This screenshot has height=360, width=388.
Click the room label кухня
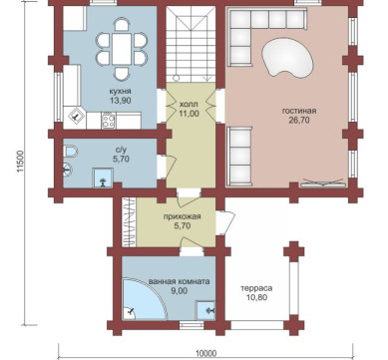tap(120, 91)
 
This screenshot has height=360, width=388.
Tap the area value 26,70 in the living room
tap(299, 120)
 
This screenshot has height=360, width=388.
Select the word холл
tap(189, 104)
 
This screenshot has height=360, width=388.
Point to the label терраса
tap(256, 288)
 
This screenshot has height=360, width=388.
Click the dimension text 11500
tap(20, 163)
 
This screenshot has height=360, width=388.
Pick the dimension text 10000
tap(205, 354)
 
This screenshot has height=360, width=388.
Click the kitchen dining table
tap(122, 50)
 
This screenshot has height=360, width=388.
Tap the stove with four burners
tap(109, 121)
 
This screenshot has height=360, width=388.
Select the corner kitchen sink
tap(75, 116)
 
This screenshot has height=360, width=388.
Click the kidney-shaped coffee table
tap(287, 57)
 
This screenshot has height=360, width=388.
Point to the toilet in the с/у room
tap(70, 152)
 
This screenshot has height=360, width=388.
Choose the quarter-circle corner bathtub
tap(145, 298)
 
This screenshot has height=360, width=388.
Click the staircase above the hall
tap(191, 44)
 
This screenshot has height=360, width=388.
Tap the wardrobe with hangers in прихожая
tap(128, 222)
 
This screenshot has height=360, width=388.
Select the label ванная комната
tap(180, 281)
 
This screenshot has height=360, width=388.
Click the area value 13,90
tap(120, 101)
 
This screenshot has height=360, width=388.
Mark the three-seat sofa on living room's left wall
tap(239, 156)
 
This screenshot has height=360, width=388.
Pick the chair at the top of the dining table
tap(122, 25)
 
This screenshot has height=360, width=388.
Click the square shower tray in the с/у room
tap(103, 178)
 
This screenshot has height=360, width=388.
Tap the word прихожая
tap(182, 216)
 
